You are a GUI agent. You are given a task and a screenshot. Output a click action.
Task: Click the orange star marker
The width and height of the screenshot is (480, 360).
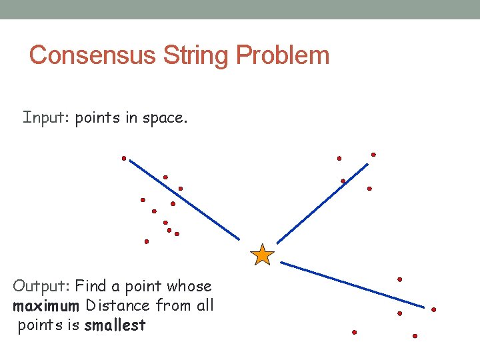tap(263, 255)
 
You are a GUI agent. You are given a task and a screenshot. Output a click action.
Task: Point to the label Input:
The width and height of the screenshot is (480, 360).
tap(47, 118)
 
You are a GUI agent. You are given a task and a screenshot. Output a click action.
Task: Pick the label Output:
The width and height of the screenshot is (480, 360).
tap(42, 287)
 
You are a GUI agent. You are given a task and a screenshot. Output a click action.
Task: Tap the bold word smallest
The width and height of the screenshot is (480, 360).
tap(115, 325)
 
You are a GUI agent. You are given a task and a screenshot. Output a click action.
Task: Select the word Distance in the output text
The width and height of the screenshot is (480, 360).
tap(118, 306)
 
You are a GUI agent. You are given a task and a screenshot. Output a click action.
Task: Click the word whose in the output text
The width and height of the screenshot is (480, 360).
tap(189, 287)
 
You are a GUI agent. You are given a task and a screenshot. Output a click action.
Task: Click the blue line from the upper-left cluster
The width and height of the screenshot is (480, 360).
tap(184, 199)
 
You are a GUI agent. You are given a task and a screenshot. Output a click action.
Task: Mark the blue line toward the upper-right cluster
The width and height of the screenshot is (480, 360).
tap(322, 203)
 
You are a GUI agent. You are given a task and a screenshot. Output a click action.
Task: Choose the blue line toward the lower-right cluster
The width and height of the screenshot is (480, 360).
tap(352, 285)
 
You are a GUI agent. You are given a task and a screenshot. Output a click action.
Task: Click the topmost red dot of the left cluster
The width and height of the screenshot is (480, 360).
tap(124, 158)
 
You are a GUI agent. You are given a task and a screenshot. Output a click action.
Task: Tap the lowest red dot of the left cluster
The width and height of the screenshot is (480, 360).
tap(147, 241)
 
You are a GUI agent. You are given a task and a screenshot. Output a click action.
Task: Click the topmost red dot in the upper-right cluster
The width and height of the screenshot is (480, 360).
tap(373, 155)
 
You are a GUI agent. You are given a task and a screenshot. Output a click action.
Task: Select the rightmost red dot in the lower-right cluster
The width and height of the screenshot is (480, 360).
tap(433, 309)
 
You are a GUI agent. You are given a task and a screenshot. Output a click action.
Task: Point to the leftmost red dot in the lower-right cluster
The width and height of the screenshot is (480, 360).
tap(355, 332)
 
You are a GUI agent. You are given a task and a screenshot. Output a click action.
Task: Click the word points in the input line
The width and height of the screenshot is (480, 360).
tap(93, 119)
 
